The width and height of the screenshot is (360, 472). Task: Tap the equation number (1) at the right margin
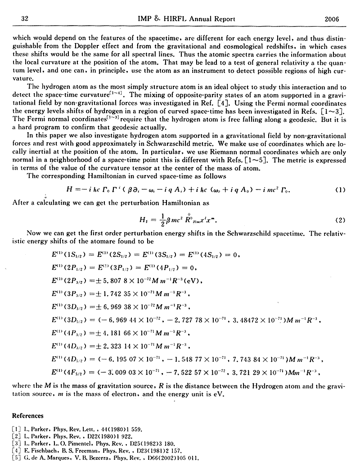point(340,190)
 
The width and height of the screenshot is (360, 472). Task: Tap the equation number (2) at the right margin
point(340,220)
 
